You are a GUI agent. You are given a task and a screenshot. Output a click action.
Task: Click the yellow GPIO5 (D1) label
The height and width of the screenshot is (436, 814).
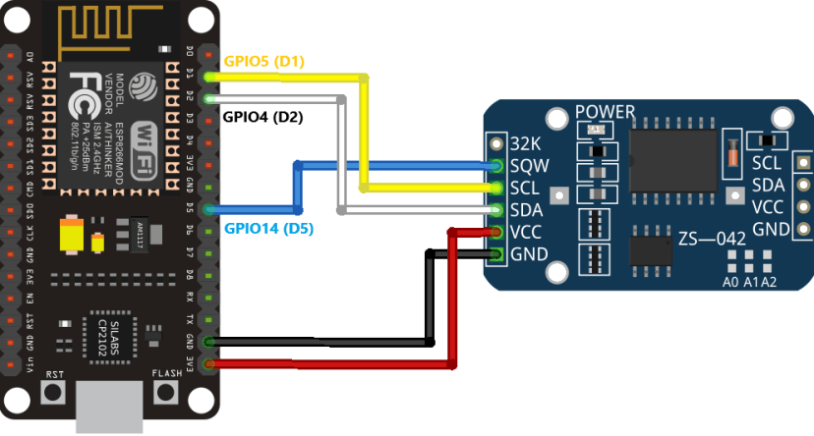264,62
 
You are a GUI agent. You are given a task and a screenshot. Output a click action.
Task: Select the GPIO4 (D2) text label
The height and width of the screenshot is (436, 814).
262,117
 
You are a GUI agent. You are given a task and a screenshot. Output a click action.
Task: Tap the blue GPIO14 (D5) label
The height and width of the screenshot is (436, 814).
268,229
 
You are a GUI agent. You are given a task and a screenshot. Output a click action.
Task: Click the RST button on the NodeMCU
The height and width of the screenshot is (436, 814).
55,394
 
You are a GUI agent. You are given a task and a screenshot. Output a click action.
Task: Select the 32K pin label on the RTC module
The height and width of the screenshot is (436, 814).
524,141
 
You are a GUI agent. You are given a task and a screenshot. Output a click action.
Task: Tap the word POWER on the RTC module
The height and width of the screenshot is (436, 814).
605,111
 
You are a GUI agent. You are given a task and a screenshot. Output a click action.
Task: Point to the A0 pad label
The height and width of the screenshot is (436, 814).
730,282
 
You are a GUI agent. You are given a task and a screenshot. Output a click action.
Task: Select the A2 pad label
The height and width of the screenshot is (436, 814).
769,282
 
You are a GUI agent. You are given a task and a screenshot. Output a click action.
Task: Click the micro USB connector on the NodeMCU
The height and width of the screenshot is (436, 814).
110,408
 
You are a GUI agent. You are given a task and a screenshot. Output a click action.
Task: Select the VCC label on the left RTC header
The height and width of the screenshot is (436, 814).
526,232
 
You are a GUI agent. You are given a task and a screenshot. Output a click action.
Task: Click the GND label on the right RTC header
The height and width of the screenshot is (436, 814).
770,229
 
